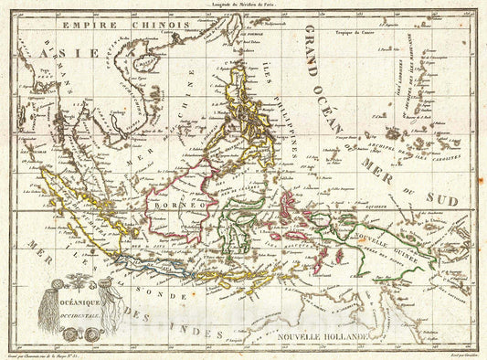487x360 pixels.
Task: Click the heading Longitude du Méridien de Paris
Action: coord(243,6)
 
